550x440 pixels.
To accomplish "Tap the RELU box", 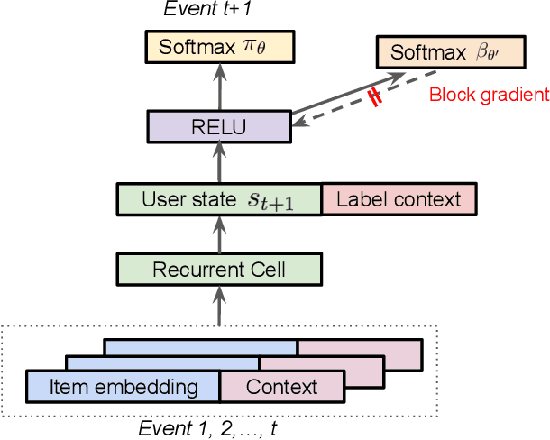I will [x=218, y=127].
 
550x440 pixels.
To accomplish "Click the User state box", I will [x=219, y=198].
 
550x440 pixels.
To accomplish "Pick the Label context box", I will [x=398, y=198].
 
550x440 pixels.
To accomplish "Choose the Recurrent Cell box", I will [x=219, y=269].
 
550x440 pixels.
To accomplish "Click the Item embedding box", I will [x=124, y=387].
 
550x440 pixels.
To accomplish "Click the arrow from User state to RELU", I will [x=218, y=163].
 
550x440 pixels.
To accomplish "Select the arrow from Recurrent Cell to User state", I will [x=218, y=234].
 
